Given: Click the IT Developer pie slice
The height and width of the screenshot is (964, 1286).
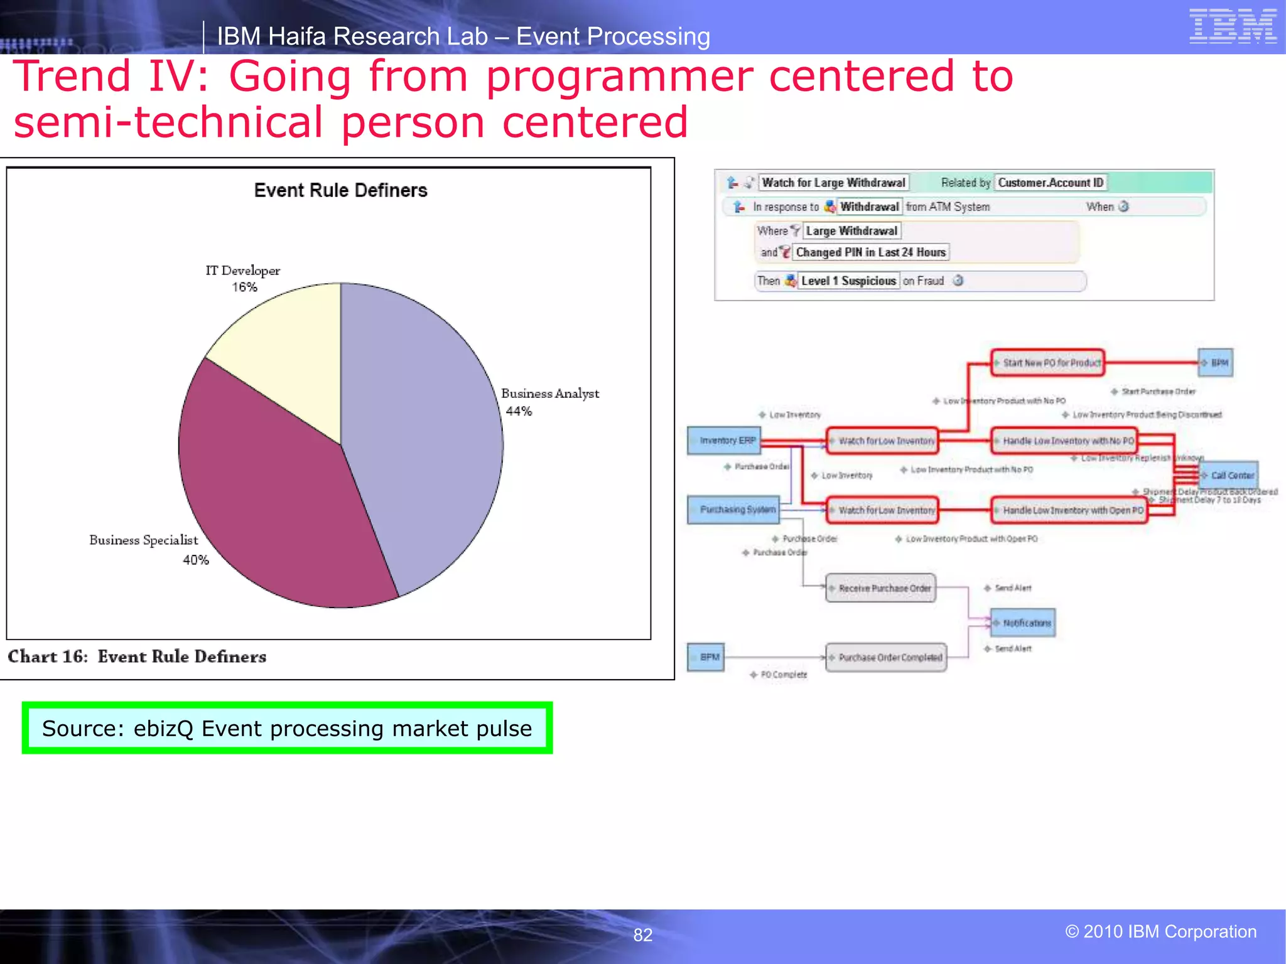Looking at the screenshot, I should coord(286,351).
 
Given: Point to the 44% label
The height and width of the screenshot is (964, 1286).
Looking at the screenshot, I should coord(519,412).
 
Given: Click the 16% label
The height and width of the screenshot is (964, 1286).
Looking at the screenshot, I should coord(244,287).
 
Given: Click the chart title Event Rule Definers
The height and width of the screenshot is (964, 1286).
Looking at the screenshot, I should coord(340,190).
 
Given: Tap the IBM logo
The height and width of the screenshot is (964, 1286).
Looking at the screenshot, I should coord(1232,26).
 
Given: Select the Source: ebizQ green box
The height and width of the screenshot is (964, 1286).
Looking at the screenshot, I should coord(287,728).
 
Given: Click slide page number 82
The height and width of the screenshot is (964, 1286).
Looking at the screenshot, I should coord(642,935).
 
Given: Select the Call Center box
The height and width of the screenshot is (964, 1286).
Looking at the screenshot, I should coord(1229,475).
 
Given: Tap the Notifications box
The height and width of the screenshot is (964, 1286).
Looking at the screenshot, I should coord(1023,623).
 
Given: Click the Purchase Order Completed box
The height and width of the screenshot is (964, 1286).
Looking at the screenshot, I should coord(886,657).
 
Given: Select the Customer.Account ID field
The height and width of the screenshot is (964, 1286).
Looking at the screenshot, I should coord(1051,183).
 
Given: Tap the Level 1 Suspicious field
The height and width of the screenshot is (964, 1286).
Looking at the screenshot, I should coord(848,281).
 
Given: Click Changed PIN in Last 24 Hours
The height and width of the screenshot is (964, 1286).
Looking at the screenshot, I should coord(870,252).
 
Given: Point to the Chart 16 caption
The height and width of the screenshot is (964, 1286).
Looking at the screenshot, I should coord(137,656).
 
